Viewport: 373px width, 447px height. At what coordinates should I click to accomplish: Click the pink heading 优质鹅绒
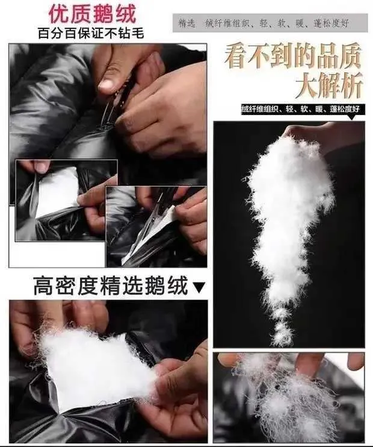tap(92, 14)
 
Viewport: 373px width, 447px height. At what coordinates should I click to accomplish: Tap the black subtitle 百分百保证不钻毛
tap(91, 33)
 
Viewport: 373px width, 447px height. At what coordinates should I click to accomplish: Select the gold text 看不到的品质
tap(293, 56)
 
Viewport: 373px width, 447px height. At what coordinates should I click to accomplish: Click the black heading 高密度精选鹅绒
tap(111, 285)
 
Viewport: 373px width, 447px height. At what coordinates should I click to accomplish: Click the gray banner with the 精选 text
tap(270, 23)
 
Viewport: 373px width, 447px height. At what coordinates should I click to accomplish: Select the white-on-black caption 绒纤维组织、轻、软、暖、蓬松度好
tap(301, 109)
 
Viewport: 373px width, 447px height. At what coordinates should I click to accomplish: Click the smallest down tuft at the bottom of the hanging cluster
tap(282, 336)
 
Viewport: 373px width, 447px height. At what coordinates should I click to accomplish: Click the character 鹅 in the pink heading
tap(103, 14)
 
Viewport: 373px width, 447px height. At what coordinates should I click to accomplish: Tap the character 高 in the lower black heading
tap(43, 286)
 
